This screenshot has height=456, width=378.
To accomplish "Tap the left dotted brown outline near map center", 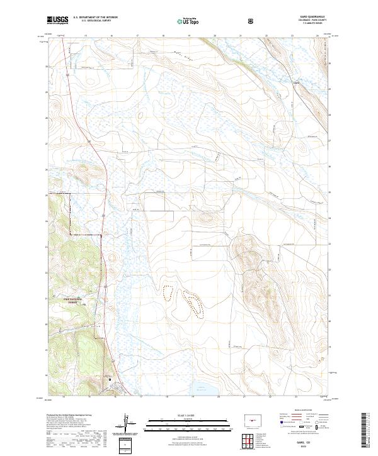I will pyautogui.click(x=168, y=292).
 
